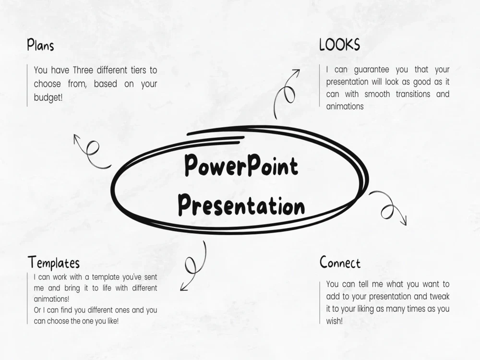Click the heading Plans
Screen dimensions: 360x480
[40, 45]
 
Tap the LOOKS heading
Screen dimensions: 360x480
[339, 45]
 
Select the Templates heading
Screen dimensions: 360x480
[53, 263]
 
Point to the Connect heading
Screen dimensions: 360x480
[340, 263]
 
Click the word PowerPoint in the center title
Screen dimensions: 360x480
[241, 167]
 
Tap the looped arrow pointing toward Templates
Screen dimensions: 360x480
[193, 266]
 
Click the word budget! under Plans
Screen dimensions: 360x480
[48, 97]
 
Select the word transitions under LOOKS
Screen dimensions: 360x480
[413, 94]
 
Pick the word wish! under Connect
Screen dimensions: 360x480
[335, 321]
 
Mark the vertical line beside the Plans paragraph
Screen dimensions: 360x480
[27, 85]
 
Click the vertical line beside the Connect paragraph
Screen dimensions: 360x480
[320, 302]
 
